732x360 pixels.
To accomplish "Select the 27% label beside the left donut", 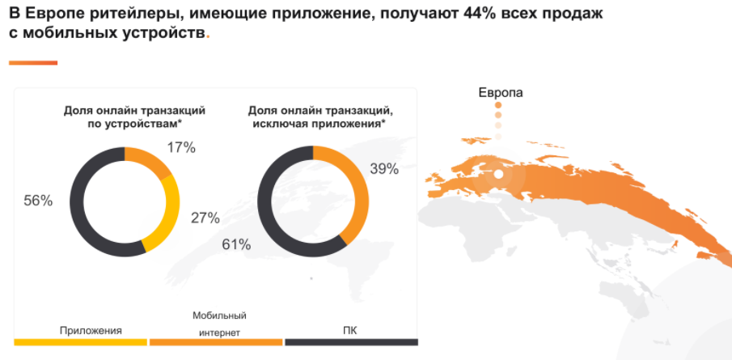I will click(205, 217).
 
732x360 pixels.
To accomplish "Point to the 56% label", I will click(38, 201).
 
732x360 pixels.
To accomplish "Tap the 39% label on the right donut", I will click(384, 168).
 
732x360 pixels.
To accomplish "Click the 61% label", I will click(236, 244).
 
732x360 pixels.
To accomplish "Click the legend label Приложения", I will click(91, 330).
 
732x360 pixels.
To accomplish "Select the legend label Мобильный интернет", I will click(218, 324).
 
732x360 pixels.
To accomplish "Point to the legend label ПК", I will click(350, 330).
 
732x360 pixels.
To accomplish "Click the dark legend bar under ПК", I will click(350, 343).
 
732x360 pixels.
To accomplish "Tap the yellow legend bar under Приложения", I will click(80, 343).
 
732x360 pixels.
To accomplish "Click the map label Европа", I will click(501, 92).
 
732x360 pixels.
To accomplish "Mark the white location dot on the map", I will click(499, 173).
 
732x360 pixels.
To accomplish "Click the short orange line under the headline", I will click(32, 62).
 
